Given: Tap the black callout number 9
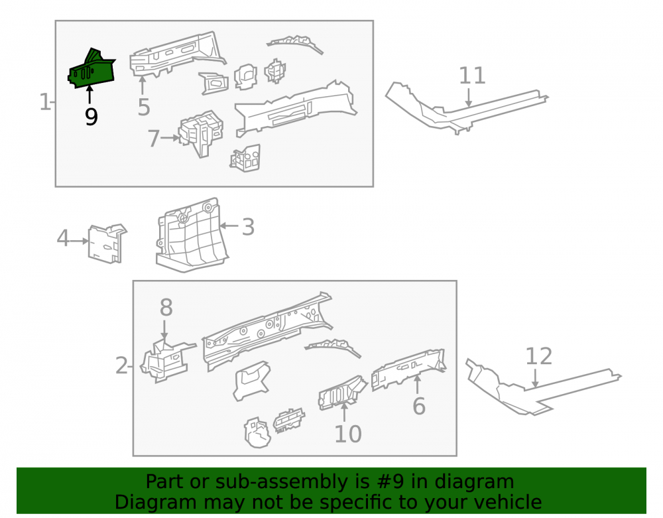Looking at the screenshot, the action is tap(91, 117).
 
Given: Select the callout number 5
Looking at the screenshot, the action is tap(144, 107).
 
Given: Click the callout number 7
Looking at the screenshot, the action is tap(153, 138).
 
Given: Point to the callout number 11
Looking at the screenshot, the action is tap(472, 76).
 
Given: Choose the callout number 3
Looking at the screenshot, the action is tap(248, 227).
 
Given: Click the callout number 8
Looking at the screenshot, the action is tap(166, 307).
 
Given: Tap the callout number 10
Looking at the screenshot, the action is tap(348, 434).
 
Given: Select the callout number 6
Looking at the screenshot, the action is tap(418, 406).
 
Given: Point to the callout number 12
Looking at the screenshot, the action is tap(538, 356).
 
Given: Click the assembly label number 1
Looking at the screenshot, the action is tap(44, 102).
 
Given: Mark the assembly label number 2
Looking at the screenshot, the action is tap(121, 365).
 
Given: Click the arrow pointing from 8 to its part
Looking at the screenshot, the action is tap(164, 330).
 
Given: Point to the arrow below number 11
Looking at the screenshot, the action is tap(469, 97).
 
